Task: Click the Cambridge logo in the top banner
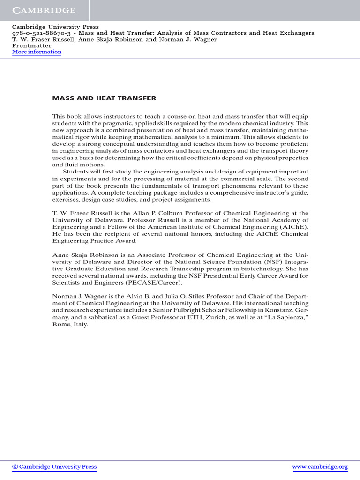(x=44, y=10)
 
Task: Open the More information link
(x=37, y=52)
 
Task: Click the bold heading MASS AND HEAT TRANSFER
(x=104, y=98)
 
